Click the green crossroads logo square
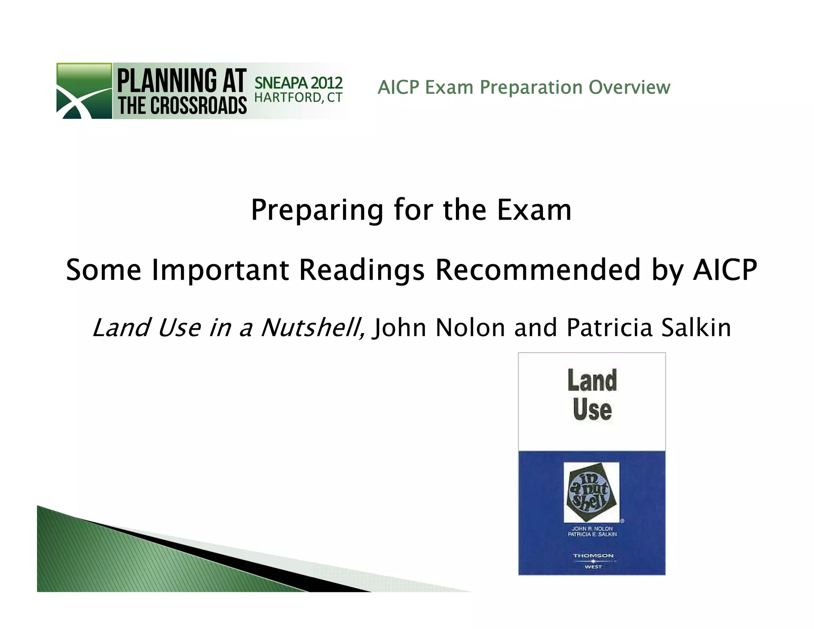click(x=84, y=91)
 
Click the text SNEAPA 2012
click(x=298, y=83)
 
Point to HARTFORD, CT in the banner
click(x=298, y=97)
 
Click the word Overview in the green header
click(x=629, y=87)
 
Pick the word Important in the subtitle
click(x=221, y=270)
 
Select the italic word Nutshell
click(x=312, y=328)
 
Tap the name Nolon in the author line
click(x=470, y=328)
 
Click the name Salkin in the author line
click(x=696, y=328)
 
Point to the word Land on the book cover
click(x=592, y=381)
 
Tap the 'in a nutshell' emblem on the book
click(x=592, y=492)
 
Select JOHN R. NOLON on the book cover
click(x=592, y=528)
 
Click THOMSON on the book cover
click(x=593, y=555)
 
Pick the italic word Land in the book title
click(x=120, y=328)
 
